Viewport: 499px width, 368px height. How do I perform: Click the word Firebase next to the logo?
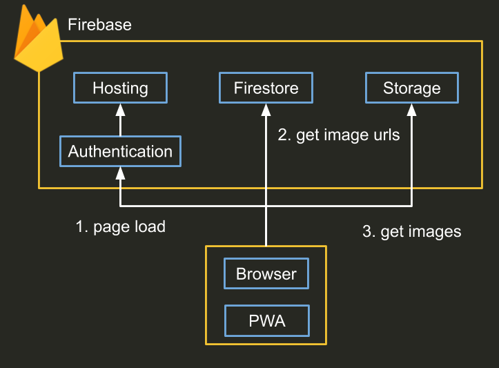click(x=99, y=26)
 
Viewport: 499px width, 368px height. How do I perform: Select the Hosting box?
click(x=120, y=88)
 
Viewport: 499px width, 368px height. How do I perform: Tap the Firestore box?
click(x=266, y=88)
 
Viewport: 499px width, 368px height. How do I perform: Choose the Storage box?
click(x=411, y=88)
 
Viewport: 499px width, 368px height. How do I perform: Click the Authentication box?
click(x=120, y=151)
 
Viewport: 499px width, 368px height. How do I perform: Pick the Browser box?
click(x=266, y=273)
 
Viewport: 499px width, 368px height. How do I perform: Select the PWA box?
click(x=266, y=321)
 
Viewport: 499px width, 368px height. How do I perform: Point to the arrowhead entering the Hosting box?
click(x=120, y=108)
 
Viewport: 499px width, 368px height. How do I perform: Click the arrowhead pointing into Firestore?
click(x=266, y=108)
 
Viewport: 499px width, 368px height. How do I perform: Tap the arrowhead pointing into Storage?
click(x=411, y=108)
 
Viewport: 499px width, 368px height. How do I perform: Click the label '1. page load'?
click(x=120, y=226)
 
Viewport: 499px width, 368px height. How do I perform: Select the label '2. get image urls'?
click(x=338, y=135)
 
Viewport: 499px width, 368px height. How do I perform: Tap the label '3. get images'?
click(x=411, y=231)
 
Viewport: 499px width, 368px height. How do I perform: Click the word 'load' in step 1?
click(x=150, y=226)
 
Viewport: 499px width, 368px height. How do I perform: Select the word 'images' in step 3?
click(x=434, y=231)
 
